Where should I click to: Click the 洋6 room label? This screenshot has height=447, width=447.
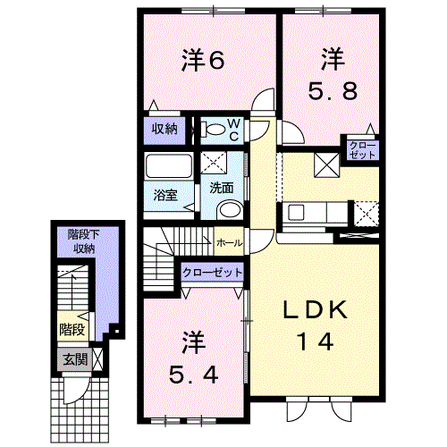[203, 61]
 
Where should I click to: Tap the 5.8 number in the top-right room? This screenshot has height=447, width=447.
[333, 91]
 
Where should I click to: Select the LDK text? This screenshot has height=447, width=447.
[315, 310]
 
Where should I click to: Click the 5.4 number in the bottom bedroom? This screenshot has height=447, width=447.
[194, 375]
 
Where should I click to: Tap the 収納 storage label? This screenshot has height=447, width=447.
[164, 129]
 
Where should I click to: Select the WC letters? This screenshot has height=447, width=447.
[234, 130]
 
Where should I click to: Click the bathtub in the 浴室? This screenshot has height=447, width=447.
[168, 165]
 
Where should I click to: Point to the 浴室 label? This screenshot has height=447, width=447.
[165, 195]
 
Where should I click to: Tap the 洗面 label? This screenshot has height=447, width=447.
[222, 188]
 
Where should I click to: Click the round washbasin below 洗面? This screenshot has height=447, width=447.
[230, 210]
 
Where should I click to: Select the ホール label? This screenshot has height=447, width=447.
[229, 243]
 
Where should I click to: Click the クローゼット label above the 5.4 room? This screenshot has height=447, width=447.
[213, 273]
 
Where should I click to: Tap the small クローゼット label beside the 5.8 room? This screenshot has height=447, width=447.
[363, 150]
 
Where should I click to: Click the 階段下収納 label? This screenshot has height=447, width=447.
[84, 241]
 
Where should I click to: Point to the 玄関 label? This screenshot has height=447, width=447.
[75, 360]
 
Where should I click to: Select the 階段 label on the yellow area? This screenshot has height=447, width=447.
[72, 329]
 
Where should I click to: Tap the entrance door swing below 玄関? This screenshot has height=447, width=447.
[75, 390]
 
